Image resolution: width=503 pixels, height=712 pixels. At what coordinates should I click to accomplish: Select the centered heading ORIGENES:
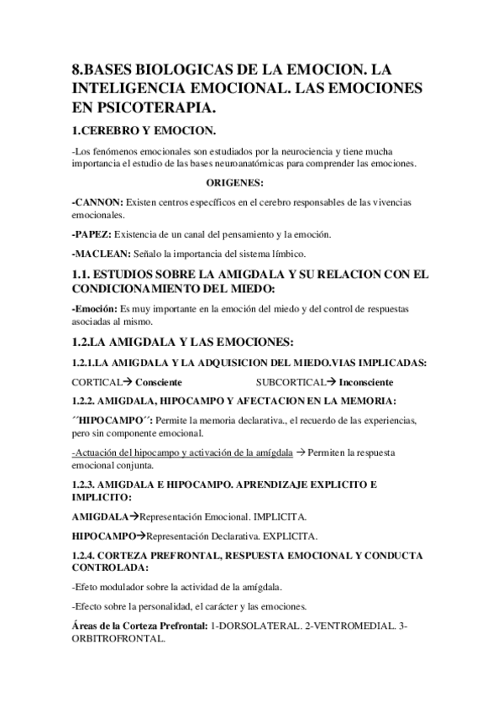coord(235,182)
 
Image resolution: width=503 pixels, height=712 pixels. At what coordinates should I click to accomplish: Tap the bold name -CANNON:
coord(98,203)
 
